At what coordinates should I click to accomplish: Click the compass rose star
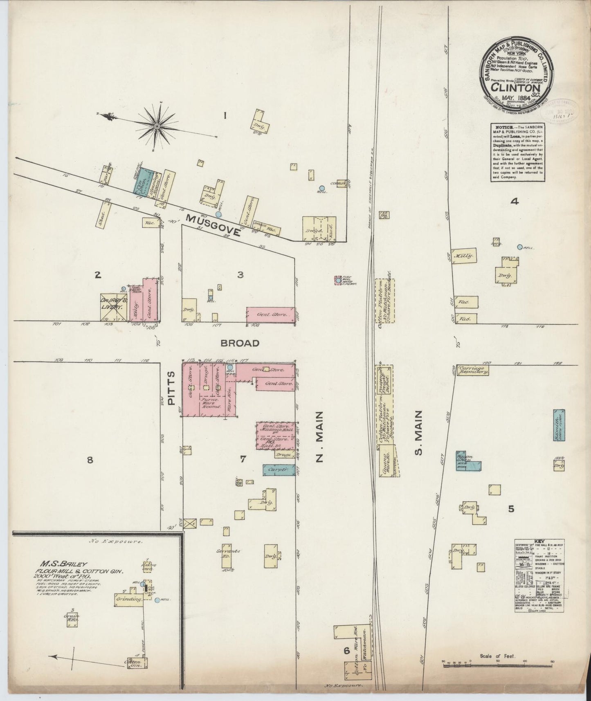pyautogui.click(x=157, y=126)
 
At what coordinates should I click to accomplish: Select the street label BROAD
pyautogui.click(x=240, y=343)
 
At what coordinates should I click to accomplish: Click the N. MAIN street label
pyautogui.click(x=320, y=437)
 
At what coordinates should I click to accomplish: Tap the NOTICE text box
pyautogui.click(x=517, y=152)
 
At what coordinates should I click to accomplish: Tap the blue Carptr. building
pyautogui.click(x=279, y=470)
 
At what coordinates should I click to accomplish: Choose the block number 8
pyautogui.click(x=90, y=460)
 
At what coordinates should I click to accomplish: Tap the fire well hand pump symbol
pyautogui.click(x=338, y=281)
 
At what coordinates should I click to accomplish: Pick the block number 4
pyautogui.click(x=515, y=201)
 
